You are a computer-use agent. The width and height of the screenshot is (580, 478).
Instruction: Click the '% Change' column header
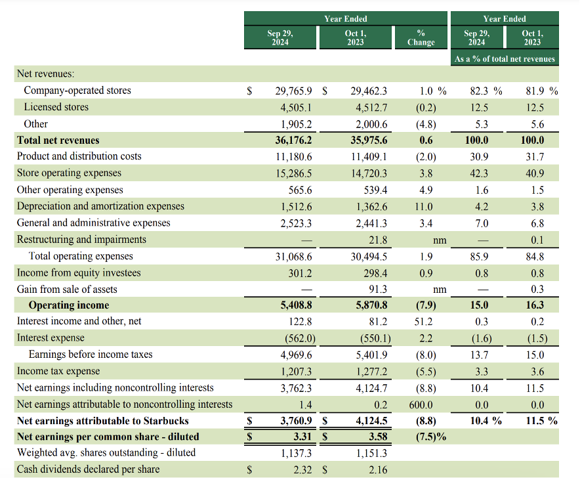(421, 37)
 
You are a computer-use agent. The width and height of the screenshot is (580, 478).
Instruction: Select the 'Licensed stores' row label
(56, 107)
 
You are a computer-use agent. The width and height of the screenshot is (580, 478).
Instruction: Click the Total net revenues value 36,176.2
(294, 141)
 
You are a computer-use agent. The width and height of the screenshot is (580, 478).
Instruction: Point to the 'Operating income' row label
(69, 305)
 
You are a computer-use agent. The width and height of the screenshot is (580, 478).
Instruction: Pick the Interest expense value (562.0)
(297, 338)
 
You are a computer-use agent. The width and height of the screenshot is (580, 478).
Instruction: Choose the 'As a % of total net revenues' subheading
(504, 59)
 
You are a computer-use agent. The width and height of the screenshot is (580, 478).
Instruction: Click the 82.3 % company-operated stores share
(486, 91)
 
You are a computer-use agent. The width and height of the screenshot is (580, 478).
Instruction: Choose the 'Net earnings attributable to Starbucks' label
(102, 421)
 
